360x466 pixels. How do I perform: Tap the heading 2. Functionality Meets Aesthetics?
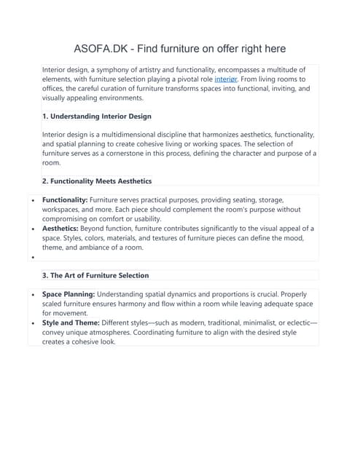(x=97, y=180)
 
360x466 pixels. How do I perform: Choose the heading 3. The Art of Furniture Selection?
(x=95, y=275)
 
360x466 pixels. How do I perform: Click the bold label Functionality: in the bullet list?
(x=65, y=200)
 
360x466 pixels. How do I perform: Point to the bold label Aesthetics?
(x=61, y=228)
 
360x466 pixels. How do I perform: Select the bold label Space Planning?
(x=69, y=294)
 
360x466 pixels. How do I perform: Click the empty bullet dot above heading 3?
(x=33, y=257)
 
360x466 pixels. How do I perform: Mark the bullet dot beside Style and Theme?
(x=33, y=323)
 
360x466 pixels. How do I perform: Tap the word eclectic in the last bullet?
(x=295, y=323)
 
